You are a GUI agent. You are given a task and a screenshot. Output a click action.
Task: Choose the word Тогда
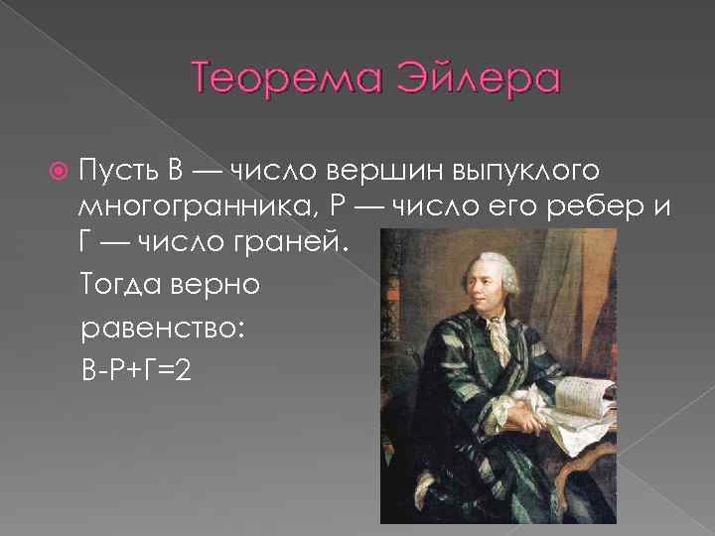point(122,285)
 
